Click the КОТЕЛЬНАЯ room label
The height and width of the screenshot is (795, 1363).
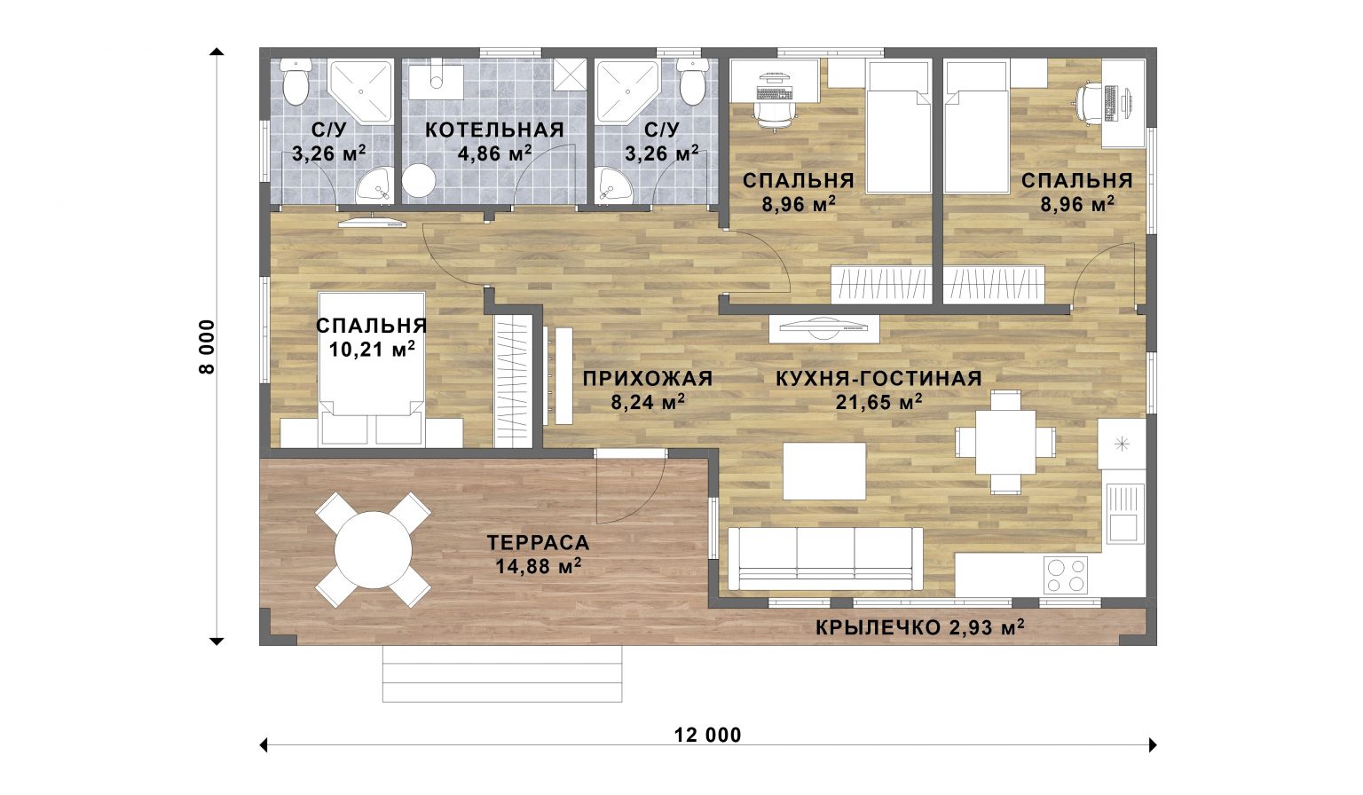coord(494,130)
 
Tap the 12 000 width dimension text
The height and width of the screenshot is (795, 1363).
coord(707,736)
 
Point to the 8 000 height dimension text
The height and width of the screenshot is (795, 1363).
coord(207,347)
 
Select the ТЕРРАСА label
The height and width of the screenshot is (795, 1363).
coord(539,542)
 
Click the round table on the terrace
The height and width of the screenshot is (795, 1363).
coord(373,550)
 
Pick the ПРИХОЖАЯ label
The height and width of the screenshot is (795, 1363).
coord(648,378)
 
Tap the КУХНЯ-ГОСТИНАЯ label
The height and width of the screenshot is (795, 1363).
coord(878,378)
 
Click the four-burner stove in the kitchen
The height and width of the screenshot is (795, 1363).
coord(1066,575)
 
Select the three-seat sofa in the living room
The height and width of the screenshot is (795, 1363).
coord(825,558)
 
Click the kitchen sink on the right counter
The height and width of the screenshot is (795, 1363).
coord(1125,513)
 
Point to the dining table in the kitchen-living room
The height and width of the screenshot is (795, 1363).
coord(1005,442)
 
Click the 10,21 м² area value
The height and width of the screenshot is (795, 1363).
coord(372,349)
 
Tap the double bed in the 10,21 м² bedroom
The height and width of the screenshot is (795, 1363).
coord(372,368)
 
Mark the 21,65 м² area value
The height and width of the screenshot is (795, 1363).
coord(878,402)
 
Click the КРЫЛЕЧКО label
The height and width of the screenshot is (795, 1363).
coord(878,628)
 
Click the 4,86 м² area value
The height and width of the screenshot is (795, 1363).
coord(494,153)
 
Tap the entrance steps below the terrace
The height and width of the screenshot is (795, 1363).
coord(502,673)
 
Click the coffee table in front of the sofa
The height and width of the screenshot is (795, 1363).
coord(823,471)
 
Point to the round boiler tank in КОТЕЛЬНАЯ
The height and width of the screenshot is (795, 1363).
coord(419,180)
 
